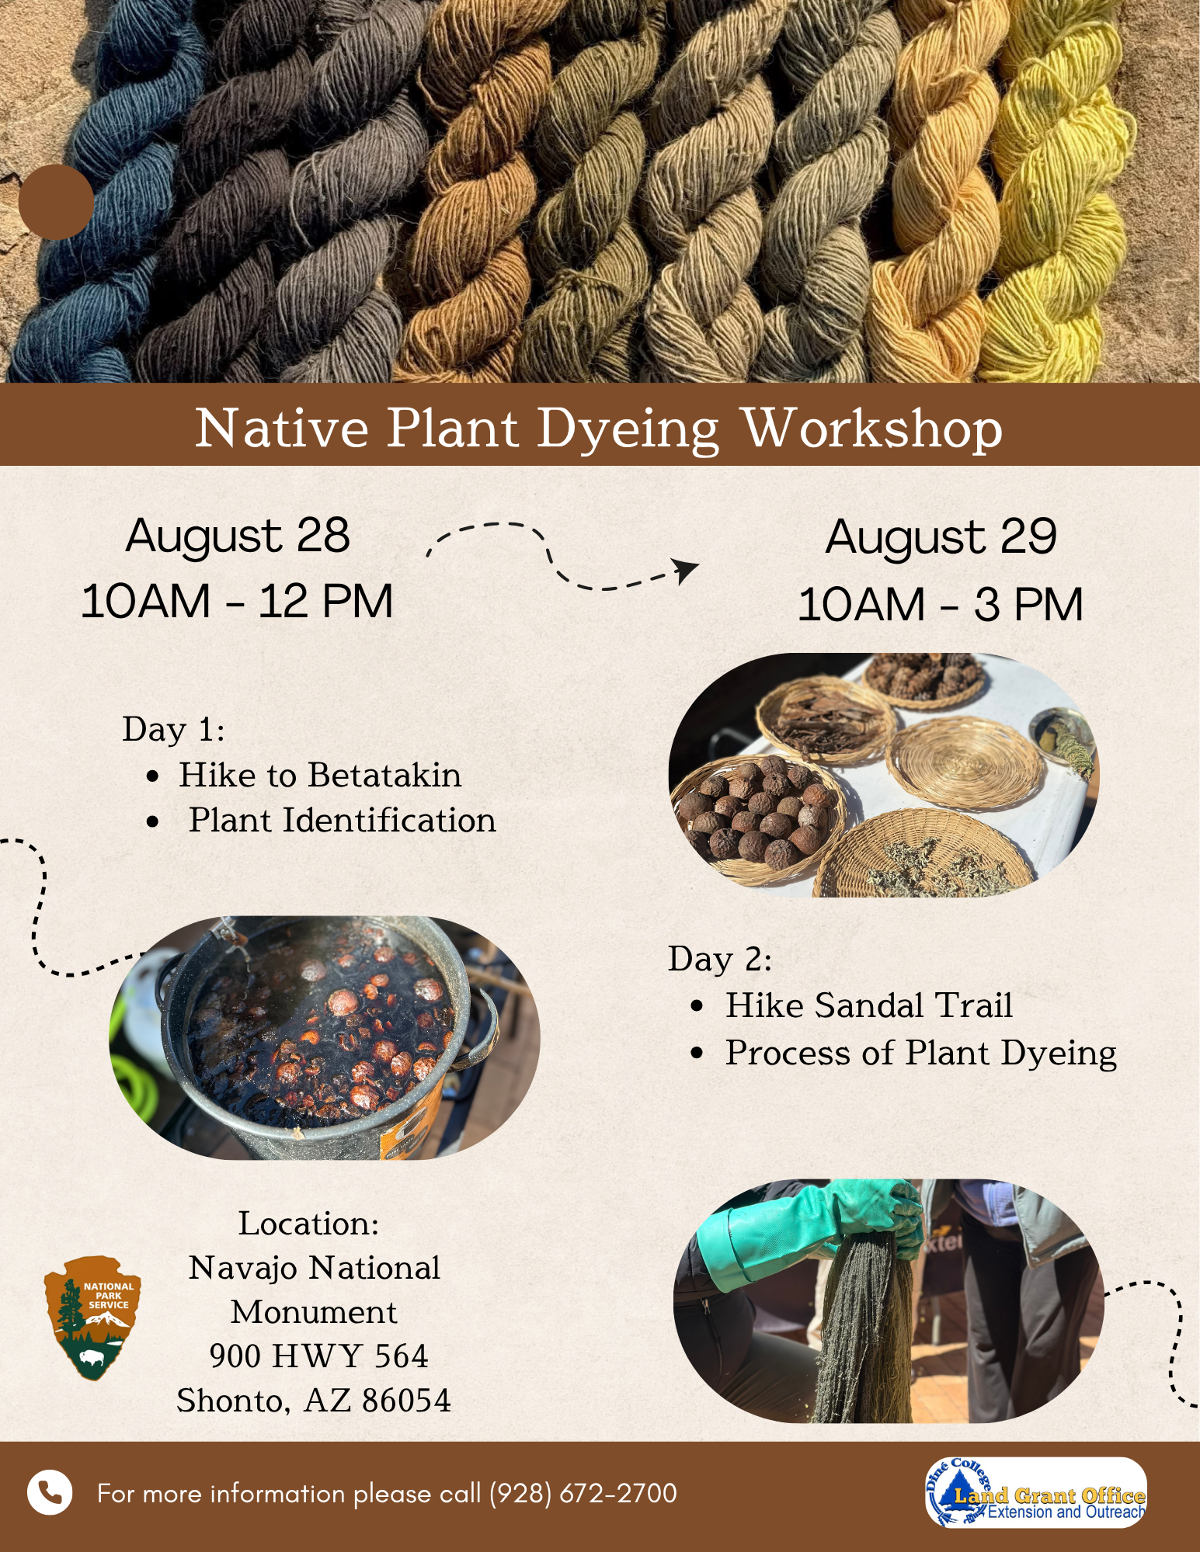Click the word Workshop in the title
(x=873, y=428)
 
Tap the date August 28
(x=238, y=536)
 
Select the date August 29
(x=941, y=536)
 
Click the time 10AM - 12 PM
(x=237, y=602)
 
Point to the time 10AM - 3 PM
(x=941, y=605)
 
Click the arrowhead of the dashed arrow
(x=685, y=569)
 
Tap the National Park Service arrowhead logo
(x=93, y=1318)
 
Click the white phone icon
(x=50, y=1492)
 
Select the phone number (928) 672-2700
(x=583, y=1493)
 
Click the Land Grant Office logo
(x=1035, y=1492)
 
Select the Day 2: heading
(x=720, y=960)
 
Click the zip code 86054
(x=406, y=1401)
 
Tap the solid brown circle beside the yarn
(x=56, y=202)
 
